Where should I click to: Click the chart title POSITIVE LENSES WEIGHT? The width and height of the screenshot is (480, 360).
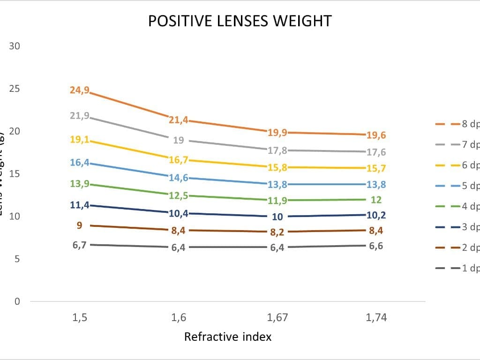(240, 21)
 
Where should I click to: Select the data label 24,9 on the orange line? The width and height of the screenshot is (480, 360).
(80, 90)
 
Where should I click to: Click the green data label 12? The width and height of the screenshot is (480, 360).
(376, 200)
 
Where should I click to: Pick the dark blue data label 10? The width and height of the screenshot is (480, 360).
(277, 217)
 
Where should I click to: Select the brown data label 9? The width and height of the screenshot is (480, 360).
(80, 225)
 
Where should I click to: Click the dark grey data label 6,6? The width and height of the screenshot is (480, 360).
(376, 246)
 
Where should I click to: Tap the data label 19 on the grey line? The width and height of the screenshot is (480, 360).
(179, 140)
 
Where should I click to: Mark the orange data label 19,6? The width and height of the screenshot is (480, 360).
(376, 135)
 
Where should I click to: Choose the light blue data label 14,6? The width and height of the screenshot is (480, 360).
(179, 178)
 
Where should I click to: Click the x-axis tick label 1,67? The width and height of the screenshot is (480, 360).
(277, 318)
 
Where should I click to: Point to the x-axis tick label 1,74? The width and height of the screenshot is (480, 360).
(376, 318)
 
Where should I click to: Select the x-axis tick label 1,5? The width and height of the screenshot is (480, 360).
(80, 318)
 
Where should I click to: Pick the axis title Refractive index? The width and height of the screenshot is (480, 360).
(228, 337)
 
